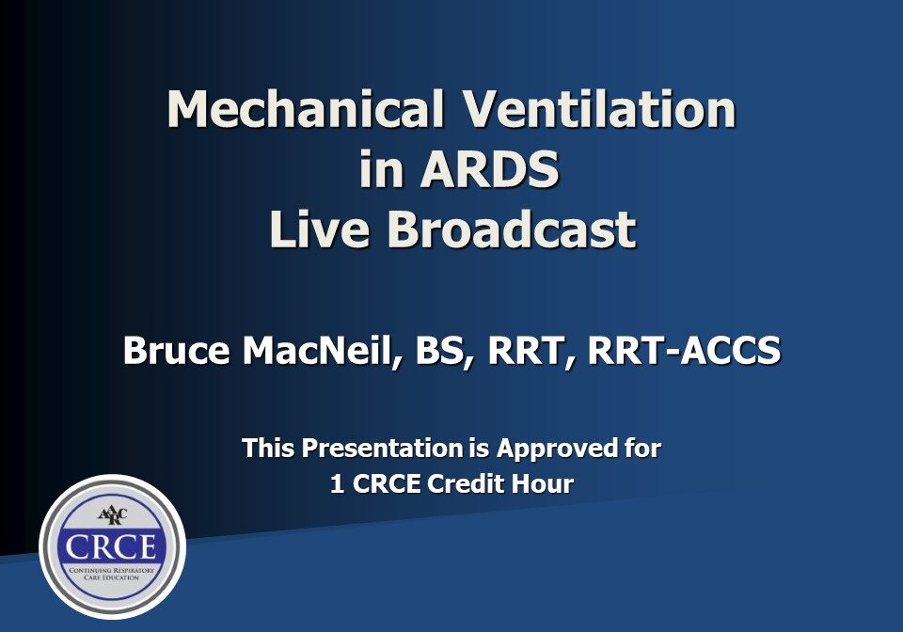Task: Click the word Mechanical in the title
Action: (305, 110)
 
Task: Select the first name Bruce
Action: (178, 352)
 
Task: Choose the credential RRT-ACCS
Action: (683, 352)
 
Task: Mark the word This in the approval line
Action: (267, 449)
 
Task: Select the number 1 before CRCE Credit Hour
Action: (337, 484)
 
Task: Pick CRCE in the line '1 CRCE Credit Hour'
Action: (388, 484)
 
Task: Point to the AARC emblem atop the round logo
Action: (112, 513)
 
